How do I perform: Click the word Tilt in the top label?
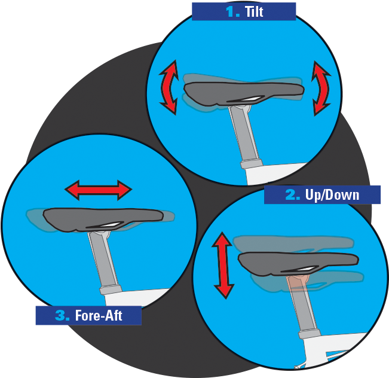point(254,11)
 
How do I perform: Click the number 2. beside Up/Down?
point(293,195)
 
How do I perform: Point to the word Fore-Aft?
point(99,315)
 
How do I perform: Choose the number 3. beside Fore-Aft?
point(62,315)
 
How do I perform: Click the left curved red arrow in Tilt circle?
point(169,88)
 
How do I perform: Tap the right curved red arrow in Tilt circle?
point(321,88)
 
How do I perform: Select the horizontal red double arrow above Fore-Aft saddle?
point(98,190)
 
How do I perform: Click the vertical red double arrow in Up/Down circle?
point(223,265)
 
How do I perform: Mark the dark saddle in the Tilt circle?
point(239,93)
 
